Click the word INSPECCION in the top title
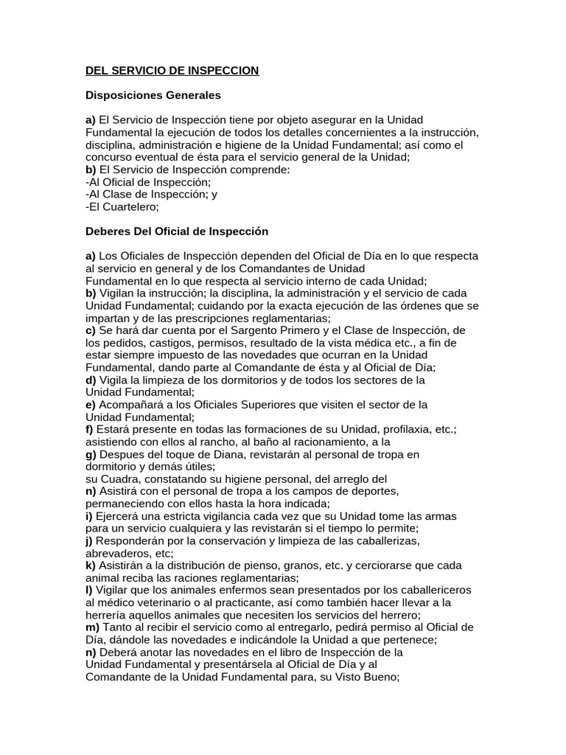[x=220, y=71]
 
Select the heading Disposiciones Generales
[x=153, y=95]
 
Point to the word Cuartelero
[x=125, y=207]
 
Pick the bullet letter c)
[x=91, y=330]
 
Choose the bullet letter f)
[x=89, y=429]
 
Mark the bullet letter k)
[x=91, y=565]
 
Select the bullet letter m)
[x=92, y=627]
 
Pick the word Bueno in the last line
[x=377, y=677]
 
